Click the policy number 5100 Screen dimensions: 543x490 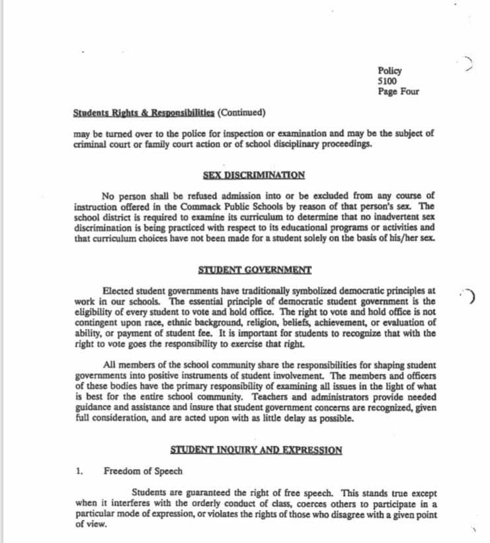pos(388,81)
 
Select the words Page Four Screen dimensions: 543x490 pos(398,92)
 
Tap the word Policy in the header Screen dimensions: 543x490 pos(389,71)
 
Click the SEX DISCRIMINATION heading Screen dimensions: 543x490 pos(254,175)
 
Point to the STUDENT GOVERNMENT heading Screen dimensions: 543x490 pos(254,270)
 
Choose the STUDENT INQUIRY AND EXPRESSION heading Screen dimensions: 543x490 pos(257,451)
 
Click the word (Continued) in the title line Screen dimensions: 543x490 pos(241,111)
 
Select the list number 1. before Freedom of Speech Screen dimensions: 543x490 pos(79,472)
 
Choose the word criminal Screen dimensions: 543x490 pos(90,144)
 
